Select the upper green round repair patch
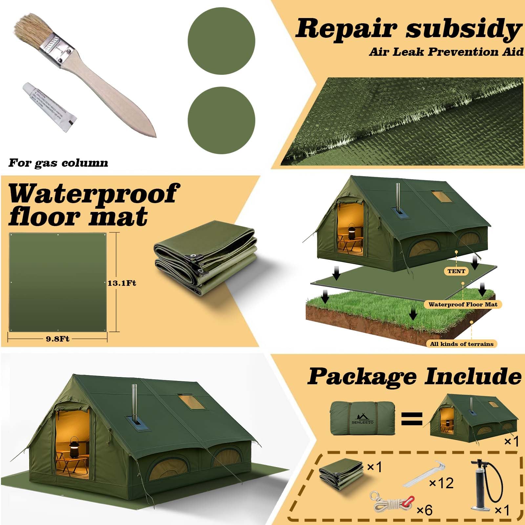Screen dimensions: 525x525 221,41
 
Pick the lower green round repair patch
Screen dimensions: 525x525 221,120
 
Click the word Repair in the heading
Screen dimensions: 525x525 346,29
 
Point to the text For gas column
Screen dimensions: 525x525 58,163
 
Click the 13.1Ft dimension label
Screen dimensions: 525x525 122,283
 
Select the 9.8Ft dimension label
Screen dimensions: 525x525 57,339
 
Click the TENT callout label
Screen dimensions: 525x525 456,271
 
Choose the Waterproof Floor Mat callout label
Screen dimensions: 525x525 463,304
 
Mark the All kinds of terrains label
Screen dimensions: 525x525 461,344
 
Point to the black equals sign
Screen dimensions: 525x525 412,419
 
